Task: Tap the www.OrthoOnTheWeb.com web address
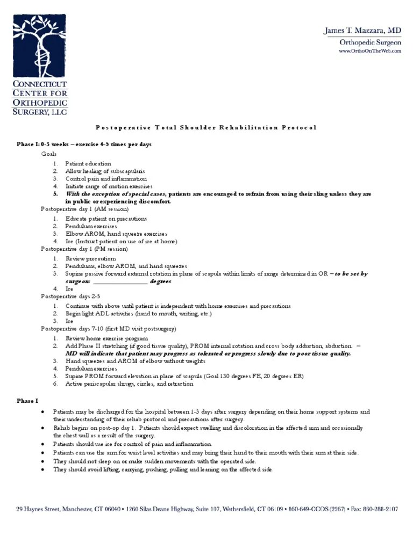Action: pos(369,51)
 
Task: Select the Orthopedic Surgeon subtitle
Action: pos(370,42)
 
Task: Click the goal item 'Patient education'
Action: pos(88,163)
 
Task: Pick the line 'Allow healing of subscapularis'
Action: pos(103,171)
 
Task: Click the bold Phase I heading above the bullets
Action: pos(25,401)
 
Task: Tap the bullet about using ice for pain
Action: pos(132,444)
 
